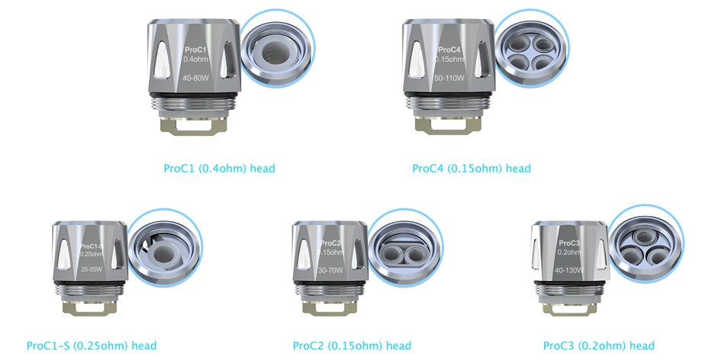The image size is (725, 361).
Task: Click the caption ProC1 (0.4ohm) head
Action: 219,168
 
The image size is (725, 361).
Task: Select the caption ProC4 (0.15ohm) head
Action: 471,168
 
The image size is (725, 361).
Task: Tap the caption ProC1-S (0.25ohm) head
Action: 92,346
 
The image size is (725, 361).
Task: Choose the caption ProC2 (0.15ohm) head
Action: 352,346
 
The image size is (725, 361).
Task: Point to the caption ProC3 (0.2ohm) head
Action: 598,346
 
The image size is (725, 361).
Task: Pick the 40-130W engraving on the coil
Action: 569,270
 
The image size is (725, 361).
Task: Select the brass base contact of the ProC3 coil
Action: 569,312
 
